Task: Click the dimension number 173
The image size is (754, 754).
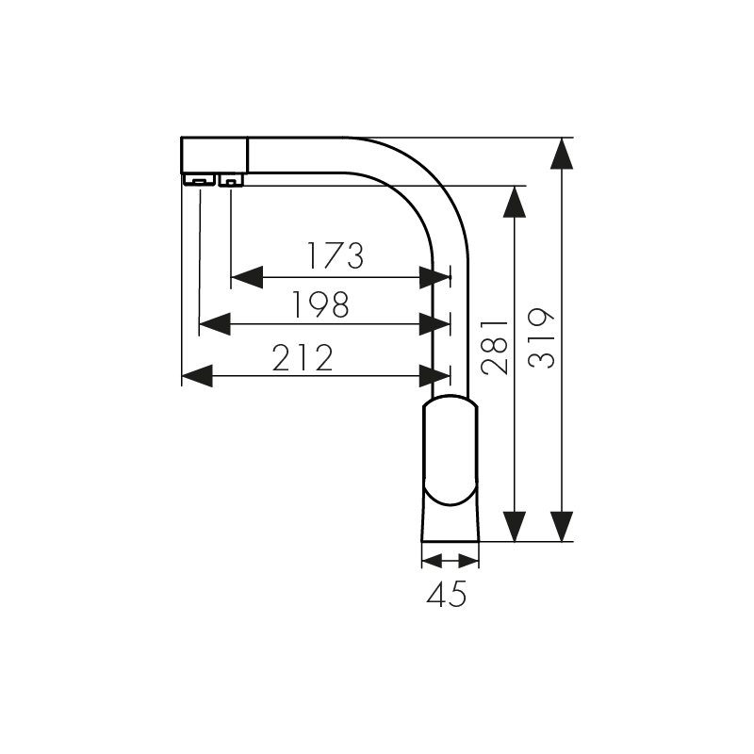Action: (335, 255)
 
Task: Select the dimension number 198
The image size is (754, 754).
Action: (320, 304)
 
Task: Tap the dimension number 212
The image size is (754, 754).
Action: (303, 358)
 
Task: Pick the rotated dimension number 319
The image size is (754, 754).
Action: (543, 337)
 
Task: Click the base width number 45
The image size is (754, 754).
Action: (447, 594)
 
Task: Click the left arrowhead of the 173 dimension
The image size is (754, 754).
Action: (246, 277)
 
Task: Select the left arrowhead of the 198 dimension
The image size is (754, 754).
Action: (215, 325)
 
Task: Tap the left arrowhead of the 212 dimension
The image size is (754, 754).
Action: (196, 377)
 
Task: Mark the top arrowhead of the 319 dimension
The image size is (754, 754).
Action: (561, 153)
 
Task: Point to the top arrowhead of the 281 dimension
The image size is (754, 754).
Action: (514, 201)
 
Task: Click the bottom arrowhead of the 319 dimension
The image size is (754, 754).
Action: (561, 526)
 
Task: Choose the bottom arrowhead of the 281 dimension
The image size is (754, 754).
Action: (514, 526)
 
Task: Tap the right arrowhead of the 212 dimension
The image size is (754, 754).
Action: (434, 377)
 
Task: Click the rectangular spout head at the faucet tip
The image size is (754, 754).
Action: (214, 155)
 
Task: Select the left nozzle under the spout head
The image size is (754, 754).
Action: (198, 180)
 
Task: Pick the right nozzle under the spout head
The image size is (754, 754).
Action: (231, 180)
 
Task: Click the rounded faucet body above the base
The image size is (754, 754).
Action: (450, 452)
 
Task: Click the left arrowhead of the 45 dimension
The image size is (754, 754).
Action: (432, 561)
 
